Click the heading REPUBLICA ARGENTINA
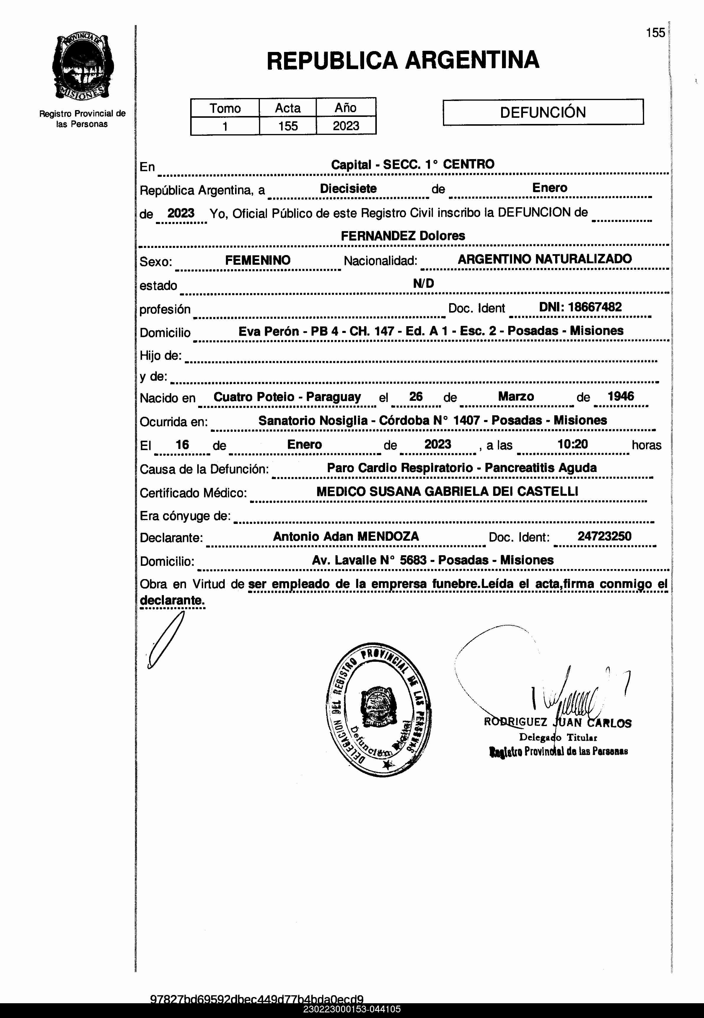pos(403,61)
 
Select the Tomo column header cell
pos(225,108)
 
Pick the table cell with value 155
pos(288,126)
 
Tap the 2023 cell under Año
pos(346,126)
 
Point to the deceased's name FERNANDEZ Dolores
pos(403,236)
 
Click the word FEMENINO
pos(258,260)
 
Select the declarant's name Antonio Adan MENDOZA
pos(346,537)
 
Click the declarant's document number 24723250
pos(604,537)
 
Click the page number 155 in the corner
pos(655,33)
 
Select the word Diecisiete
pos(348,189)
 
